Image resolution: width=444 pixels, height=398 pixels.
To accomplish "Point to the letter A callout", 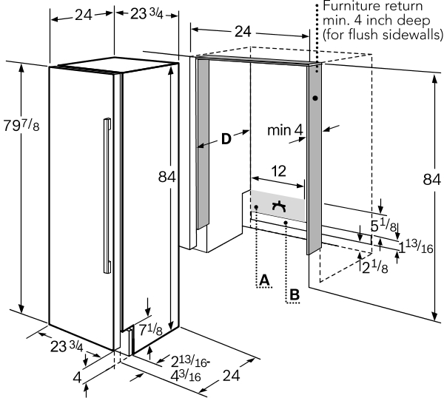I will [263, 279].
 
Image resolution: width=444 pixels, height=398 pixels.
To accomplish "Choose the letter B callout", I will [295, 294].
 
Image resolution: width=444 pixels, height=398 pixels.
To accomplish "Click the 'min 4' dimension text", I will [285, 131].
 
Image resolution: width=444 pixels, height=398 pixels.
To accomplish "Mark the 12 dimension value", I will [277, 170].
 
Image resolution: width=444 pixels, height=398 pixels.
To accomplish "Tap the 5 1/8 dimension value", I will [383, 226].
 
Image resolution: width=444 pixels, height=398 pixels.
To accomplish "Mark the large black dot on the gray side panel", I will [315, 98].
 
